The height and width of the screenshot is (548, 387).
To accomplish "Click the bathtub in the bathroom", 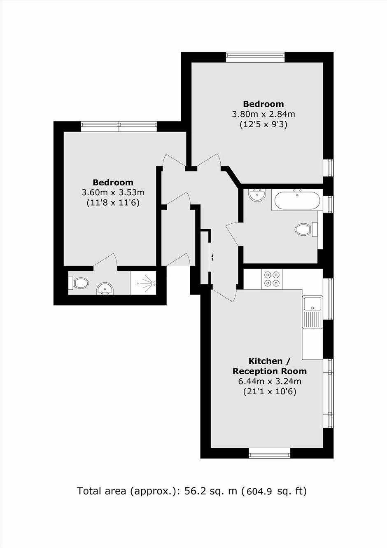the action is point(297,200).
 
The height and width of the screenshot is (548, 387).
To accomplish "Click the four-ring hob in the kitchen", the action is point(272,279).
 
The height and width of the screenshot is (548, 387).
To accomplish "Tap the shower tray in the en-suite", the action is point(143,283).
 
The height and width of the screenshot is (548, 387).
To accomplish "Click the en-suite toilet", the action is point(79,283).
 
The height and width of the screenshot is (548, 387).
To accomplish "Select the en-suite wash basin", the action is point(105,289).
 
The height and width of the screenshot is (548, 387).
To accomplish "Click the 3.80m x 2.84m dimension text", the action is point(263,114).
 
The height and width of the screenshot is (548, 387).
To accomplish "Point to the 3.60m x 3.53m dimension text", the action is point(113,192).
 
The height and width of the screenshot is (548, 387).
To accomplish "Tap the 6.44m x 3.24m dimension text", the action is point(270,382).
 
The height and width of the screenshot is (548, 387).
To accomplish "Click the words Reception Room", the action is point(270,371).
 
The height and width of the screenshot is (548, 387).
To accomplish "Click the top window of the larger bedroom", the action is point(255,57).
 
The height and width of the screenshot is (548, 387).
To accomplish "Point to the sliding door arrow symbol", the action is point(212,257).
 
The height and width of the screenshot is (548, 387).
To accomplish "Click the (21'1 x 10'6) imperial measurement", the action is point(270,392).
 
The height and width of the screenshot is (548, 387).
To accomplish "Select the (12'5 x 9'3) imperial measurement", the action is point(263,125).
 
